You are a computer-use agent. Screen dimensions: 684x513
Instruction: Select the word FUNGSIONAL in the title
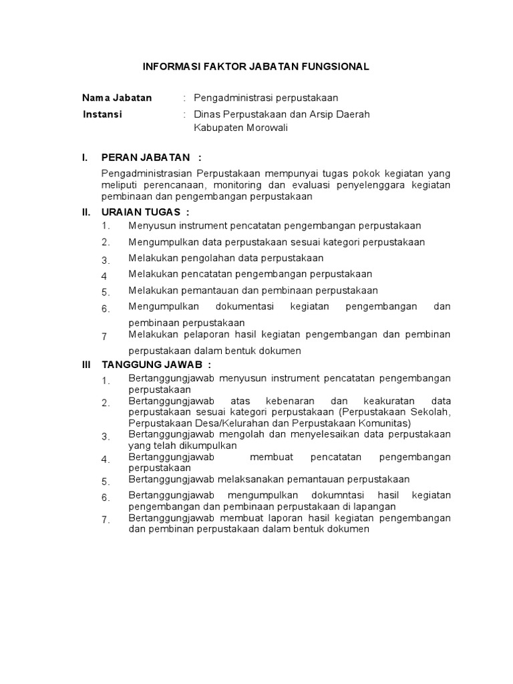337,67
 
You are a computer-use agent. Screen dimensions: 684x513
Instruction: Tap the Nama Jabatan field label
117,98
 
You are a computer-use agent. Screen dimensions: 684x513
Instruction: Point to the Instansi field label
102,114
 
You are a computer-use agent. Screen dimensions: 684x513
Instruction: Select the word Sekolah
434,412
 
